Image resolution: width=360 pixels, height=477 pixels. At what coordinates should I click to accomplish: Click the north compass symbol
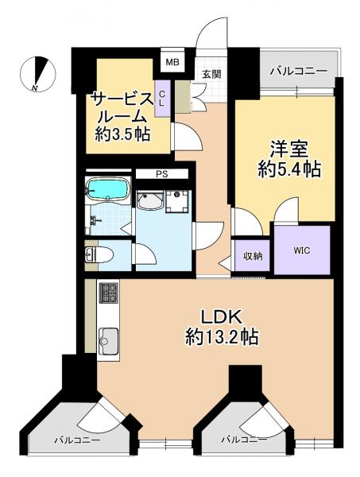pyautogui.click(x=37, y=74)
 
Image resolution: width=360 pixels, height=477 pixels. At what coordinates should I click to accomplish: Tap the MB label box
pyautogui.click(x=170, y=60)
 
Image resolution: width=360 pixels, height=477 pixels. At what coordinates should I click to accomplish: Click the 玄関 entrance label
pyautogui.click(x=211, y=75)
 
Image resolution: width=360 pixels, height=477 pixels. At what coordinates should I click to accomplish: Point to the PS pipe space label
pyautogui.click(x=162, y=173)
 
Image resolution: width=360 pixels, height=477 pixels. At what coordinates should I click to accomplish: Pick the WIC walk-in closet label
pyautogui.click(x=301, y=250)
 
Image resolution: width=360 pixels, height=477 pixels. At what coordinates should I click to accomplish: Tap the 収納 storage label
pyautogui.click(x=252, y=256)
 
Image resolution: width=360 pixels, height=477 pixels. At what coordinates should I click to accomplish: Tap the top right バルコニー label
pyautogui.click(x=298, y=72)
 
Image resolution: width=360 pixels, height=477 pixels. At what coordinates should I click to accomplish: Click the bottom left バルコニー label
pyautogui.click(x=77, y=439)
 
